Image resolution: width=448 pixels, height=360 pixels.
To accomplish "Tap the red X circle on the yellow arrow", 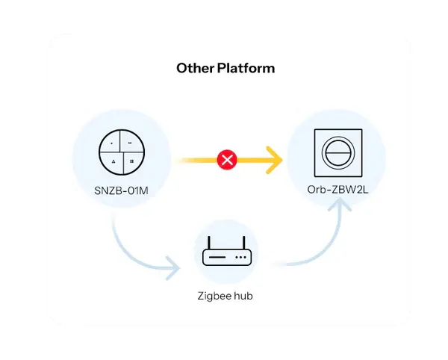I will click(225, 159).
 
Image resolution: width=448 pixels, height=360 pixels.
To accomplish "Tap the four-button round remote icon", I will click(120, 151).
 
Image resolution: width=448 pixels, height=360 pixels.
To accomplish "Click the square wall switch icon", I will click(337, 152).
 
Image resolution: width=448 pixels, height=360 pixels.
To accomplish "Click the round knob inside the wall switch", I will click(337, 152).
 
